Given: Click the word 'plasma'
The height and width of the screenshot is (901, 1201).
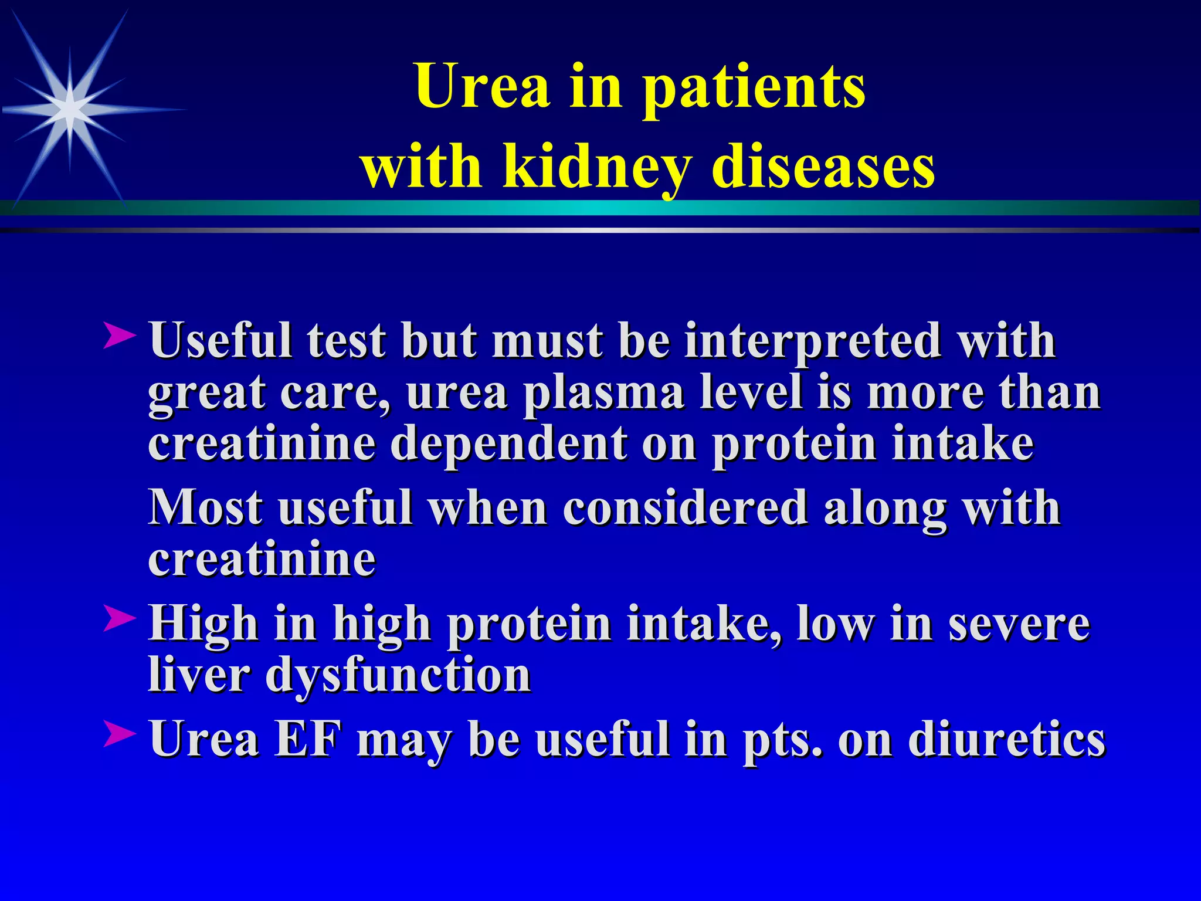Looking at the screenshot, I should (x=603, y=392).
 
